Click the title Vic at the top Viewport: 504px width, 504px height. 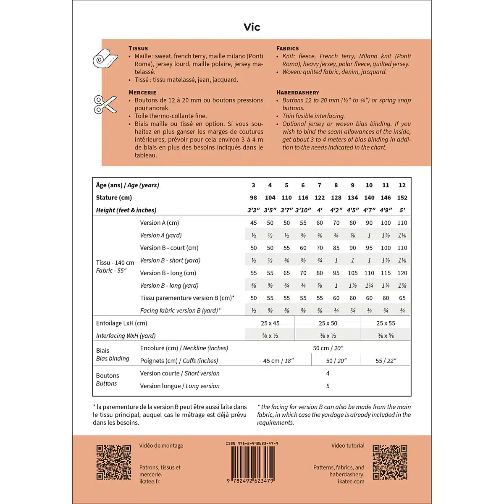pyautogui.click(x=252, y=27)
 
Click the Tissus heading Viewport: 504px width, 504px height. pyautogui.click(x=138, y=48)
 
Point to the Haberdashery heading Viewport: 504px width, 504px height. pyautogui.click(x=297, y=92)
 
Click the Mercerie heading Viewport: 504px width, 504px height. pyautogui.click(x=142, y=92)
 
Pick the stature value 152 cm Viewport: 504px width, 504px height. pyautogui.click(x=402, y=198)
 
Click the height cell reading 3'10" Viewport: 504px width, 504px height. pyautogui.click(x=303, y=210)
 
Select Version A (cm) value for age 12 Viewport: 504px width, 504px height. pyautogui.click(x=402, y=223)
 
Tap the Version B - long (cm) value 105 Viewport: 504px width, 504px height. pyautogui.click(x=352, y=273)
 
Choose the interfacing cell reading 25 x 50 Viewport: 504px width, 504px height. pyautogui.click(x=328, y=323)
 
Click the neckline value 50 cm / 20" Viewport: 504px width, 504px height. pyautogui.click(x=328, y=348)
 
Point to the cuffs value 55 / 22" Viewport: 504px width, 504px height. pyautogui.click(x=386, y=361)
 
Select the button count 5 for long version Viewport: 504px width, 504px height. pyautogui.click(x=328, y=386)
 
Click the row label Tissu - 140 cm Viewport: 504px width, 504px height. pyautogui.click(x=115, y=263)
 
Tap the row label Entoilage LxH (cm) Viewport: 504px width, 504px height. pyautogui.click(x=121, y=323)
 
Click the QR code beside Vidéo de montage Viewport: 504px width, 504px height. pyautogui.click(x=114, y=462)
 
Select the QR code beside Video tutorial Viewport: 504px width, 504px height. pyautogui.click(x=390, y=462)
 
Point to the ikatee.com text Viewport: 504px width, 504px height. pyautogui.click(x=351, y=482)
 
